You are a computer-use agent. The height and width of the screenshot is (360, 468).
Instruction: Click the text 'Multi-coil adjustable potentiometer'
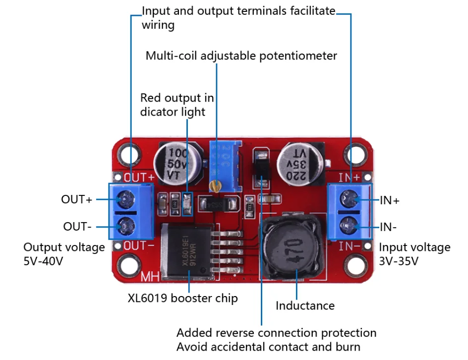click(x=241, y=56)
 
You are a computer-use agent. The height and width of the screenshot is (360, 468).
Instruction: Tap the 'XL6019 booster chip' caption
click(x=182, y=298)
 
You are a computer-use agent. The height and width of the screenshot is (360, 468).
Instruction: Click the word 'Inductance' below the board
click(x=305, y=305)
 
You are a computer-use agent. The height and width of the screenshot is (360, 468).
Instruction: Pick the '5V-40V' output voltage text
click(x=43, y=261)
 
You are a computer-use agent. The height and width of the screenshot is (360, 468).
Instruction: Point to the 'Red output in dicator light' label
click(x=177, y=105)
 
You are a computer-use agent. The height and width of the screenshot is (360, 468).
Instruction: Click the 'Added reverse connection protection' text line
click(x=276, y=333)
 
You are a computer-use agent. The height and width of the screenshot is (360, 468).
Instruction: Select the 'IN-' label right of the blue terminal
click(x=389, y=227)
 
